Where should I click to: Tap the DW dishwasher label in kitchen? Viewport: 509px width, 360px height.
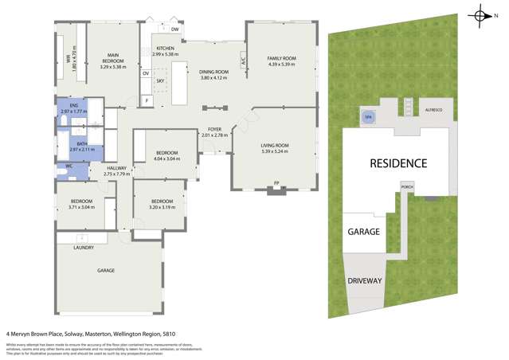(x=175, y=29)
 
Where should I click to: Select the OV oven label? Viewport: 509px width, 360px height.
(x=146, y=73)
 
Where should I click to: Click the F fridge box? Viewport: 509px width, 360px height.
(x=147, y=101)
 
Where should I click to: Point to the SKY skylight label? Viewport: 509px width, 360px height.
(x=160, y=80)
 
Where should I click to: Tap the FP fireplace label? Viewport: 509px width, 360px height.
(x=276, y=183)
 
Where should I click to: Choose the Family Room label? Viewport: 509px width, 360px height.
(x=281, y=58)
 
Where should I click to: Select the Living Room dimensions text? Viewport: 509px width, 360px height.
(x=276, y=151)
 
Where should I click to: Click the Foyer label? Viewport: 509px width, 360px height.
(x=214, y=129)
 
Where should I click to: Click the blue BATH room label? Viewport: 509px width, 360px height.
(x=81, y=145)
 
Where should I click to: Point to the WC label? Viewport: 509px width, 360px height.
(x=69, y=166)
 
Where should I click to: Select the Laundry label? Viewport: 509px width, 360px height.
(x=84, y=248)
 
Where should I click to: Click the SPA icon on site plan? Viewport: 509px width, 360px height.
(x=367, y=116)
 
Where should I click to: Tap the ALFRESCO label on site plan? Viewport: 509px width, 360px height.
(x=433, y=109)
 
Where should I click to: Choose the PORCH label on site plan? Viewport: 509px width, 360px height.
(x=406, y=188)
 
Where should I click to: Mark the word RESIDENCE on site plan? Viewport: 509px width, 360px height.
(x=398, y=163)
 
